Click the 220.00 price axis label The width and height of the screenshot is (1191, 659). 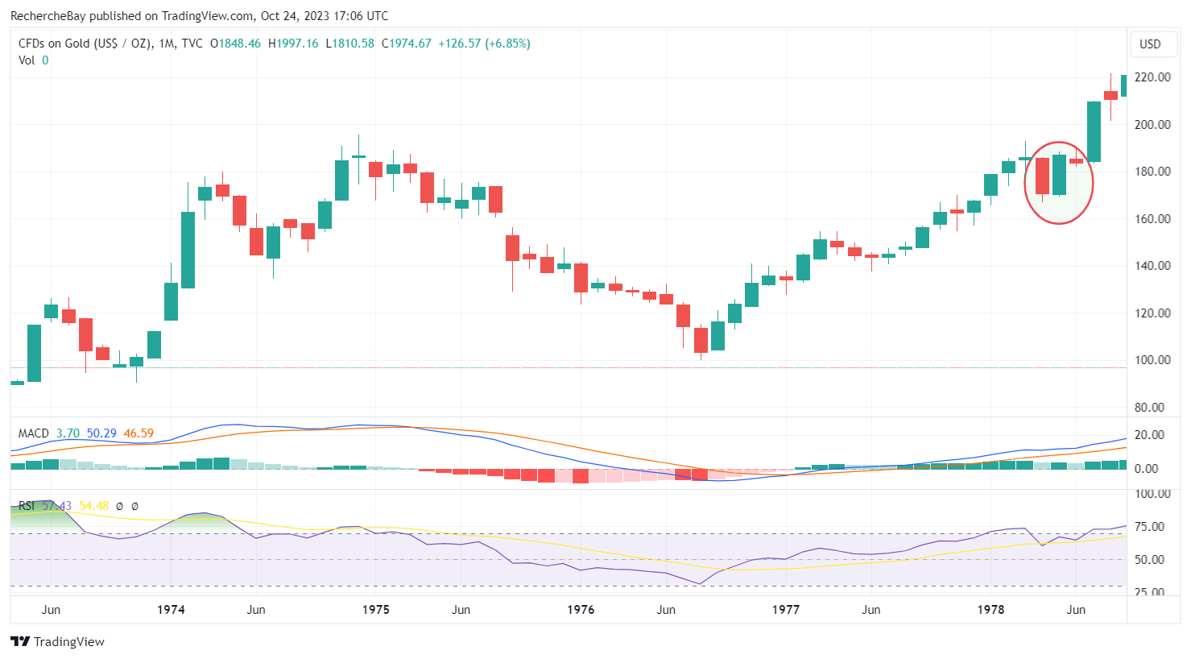[x=1152, y=77]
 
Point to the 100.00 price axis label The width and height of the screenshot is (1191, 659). [x=1152, y=360]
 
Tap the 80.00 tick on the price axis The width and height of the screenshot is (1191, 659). [x=1152, y=407]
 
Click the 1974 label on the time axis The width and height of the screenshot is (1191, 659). [x=171, y=609]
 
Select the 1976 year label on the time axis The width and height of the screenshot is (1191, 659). [x=581, y=609]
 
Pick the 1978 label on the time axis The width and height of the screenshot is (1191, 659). [x=990, y=609]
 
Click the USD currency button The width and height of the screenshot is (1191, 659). [x=1150, y=44]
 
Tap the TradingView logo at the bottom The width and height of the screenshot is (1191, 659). [x=58, y=641]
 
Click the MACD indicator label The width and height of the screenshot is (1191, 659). [x=34, y=433]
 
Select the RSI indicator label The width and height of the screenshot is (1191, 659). [x=27, y=506]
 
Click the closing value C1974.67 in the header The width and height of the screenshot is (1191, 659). [x=407, y=44]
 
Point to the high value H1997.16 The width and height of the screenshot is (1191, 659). [x=293, y=44]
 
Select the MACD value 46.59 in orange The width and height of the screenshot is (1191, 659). [x=139, y=433]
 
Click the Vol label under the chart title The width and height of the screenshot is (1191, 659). [x=27, y=60]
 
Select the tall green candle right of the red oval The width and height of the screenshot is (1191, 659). [x=1094, y=131]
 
